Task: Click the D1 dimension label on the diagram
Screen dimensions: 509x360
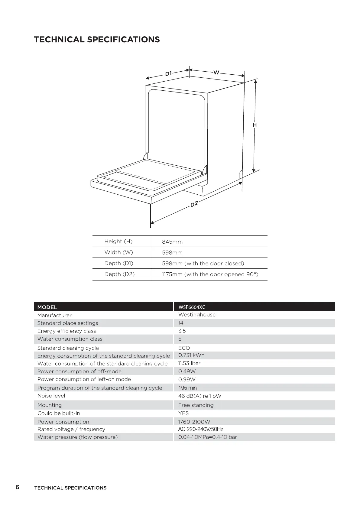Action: tap(168, 73)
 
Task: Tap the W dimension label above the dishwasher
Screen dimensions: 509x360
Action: tap(216, 73)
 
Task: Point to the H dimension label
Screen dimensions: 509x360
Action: tap(255, 125)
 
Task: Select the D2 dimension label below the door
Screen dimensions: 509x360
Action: tap(194, 204)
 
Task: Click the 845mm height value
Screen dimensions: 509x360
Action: tap(172, 242)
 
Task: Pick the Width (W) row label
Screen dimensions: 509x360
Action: tap(118, 252)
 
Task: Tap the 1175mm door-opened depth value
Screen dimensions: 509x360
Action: tap(210, 274)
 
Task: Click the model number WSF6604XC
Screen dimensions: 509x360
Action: tap(192, 307)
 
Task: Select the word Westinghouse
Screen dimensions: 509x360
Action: tap(197, 315)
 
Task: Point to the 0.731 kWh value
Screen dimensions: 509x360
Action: tap(191, 355)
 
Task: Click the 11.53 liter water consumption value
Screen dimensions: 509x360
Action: tap(189, 363)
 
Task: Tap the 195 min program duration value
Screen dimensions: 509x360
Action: tap(187, 388)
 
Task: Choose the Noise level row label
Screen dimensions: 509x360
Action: tap(51, 396)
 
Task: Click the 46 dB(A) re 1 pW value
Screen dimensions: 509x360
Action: tap(200, 396)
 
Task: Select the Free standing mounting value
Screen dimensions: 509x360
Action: tap(196, 405)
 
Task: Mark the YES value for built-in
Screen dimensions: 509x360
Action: tap(183, 413)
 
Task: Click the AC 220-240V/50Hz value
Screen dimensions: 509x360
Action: tap(201, 429)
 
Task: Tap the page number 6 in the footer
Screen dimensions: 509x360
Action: tap(18, 487)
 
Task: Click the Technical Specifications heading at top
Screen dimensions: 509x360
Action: tap(97, 40)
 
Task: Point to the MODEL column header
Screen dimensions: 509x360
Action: tap(47, 307)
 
